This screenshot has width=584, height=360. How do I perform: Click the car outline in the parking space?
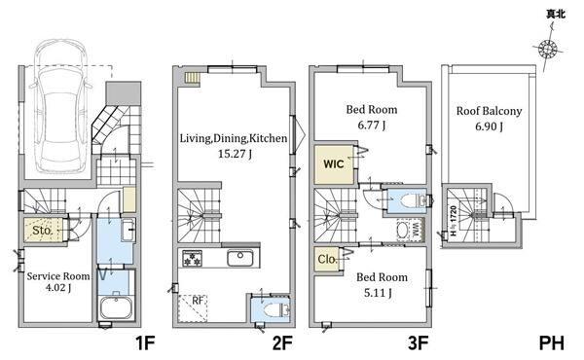click(x=60, y=106)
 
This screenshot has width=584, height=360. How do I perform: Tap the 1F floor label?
click(x=144, y=342)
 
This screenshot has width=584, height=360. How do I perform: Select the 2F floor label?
click(x=282, y=342)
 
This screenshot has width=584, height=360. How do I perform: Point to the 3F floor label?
click(x=418, y=342)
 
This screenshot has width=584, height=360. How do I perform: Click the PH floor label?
click(x=552, y=342)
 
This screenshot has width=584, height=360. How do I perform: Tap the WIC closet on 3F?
click(x=334, y=164)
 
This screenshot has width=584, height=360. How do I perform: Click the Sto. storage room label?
click(x=43, y=231)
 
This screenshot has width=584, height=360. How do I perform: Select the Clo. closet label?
click(x=327, y=259)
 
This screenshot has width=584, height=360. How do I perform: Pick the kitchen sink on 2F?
click(x=240, y=258)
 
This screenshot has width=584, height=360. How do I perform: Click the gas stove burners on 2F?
click(x=192, y=258)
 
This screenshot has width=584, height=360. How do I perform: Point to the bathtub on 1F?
click(x=116, y=308)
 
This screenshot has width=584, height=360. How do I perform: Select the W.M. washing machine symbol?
click(x=410, y=231)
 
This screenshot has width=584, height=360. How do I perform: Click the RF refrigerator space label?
click(x=198, y=300)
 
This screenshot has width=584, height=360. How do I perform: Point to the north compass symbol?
click(x=548, y=49)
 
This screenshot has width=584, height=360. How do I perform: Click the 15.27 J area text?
click(x=235, y=154)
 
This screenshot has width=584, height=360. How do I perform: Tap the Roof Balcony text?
click(x=489, y=111)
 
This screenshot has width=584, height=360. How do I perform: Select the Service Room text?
click(x=58, y=276)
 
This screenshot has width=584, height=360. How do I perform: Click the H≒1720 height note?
click(x=453, y=221)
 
